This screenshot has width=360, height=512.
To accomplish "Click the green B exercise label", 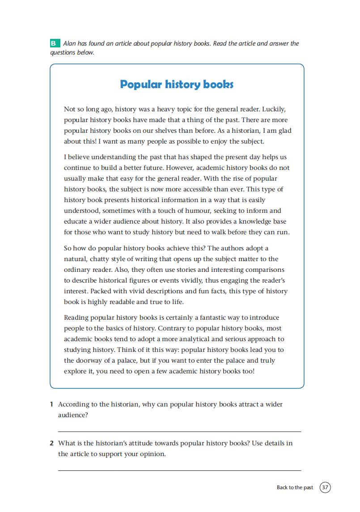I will click(x=54, y=43).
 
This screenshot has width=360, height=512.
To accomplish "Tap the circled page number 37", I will click(x=325, y=487).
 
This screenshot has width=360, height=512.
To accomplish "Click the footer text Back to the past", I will click(x=295, y=487).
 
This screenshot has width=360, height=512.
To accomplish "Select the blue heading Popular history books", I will click(x=177, y=85).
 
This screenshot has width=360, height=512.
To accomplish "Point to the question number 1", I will click(x=52, y=404).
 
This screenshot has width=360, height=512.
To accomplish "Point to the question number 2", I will click(x=52, y=443).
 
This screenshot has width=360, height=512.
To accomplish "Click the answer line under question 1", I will click(x=179, y=432).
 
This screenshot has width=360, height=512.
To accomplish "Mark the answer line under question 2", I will click(x=179, y=470).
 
